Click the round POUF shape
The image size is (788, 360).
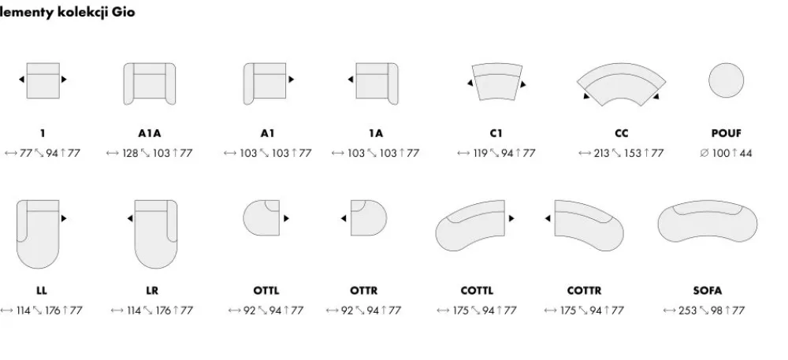(727, 80)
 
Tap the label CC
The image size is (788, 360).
(622, 134)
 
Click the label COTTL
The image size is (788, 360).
(477, 291)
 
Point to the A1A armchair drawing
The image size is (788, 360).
(150, 84)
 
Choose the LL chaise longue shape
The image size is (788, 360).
(38, 234)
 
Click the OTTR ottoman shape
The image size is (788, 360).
(369, 218)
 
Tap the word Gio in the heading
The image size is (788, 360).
(124, 12)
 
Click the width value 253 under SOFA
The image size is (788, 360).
(687, 311)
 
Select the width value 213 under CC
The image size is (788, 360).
(601, 153)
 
